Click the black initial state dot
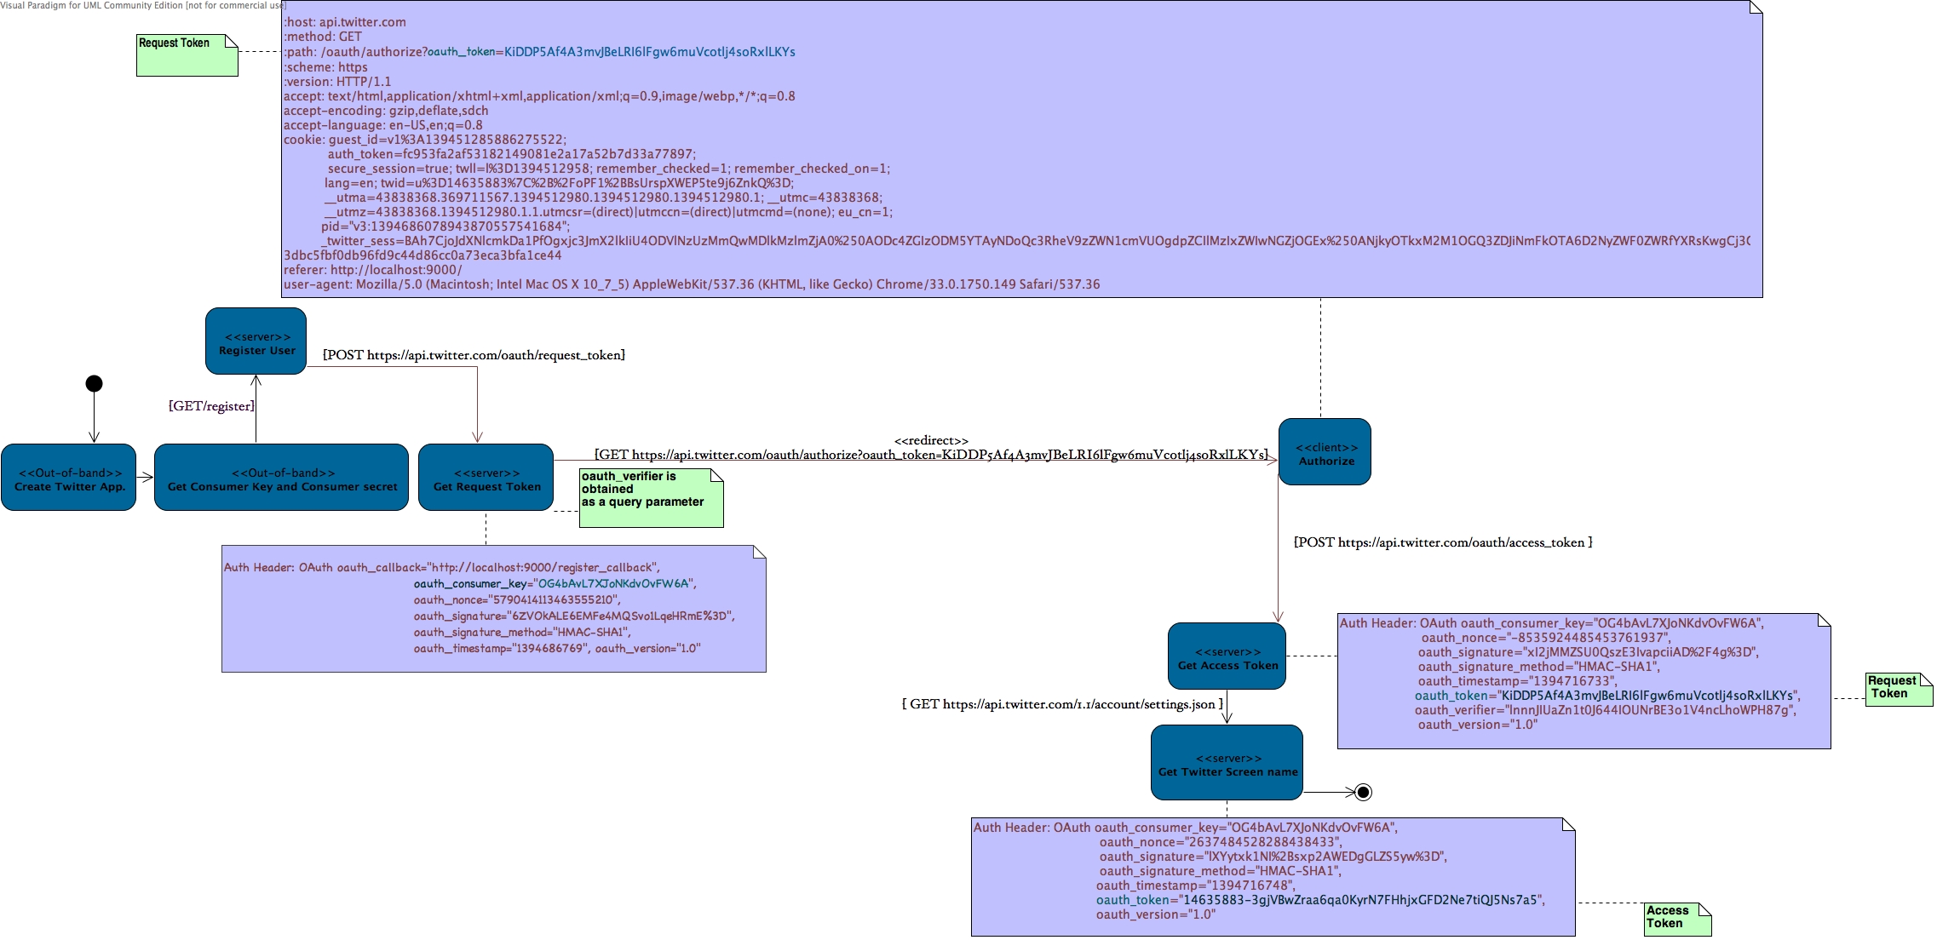pyautogui.click(x=95, y=384)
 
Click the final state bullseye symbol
pyautogui.click(x=1363, y=793)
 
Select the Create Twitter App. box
pyautogui.click(x=69, y=478)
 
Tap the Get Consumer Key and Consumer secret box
pyautogui.click(x=281, y=478)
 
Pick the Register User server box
pyautogui.click(x=256, y=341)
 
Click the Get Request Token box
pyautogui.click(x=486, y=478)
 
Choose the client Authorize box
pyautogui.click(x=1325, y=452)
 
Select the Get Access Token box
pyautogui.click(x=1227, y=656)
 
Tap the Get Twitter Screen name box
pyautogui.click(x=1227, y=763)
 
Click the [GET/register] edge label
pyautogui.click(x=211, y=406)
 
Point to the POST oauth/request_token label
pyautogui.click(x=474, y=355)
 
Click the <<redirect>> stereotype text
pyautogui.click(x=931, y=440)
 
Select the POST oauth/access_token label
pyautogui.click(x=1443, y=542)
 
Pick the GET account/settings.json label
pyautogui.click(x=1062, y=704)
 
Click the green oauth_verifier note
pyautogui.click(x=651, y=498)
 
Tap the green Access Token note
pyautogui.click(x=1676, y=919)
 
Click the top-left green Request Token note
pyautogui.click(x=187, y=54)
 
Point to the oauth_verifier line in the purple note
pyautogui.click(x=1605, y=710)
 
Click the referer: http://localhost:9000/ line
pyautogui.click(x=373, y=270)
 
